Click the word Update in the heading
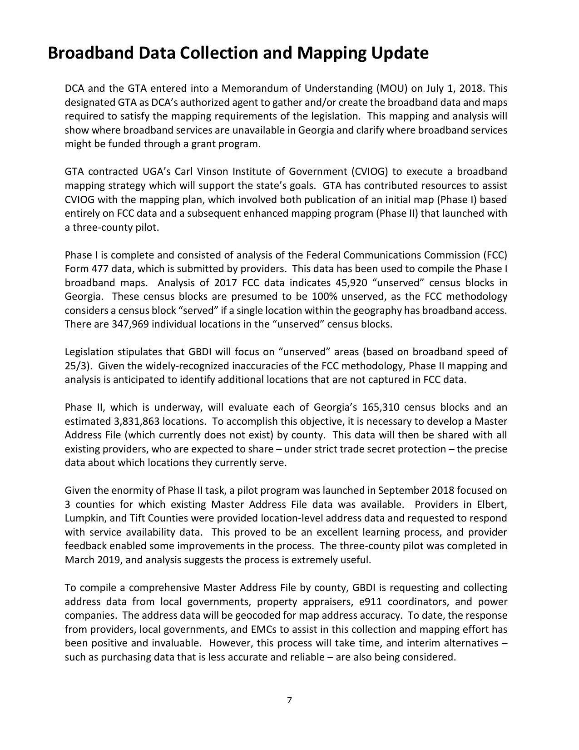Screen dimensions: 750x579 (400, 53)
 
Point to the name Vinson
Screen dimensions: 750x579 (213, 172)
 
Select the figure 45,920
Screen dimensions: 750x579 (350, 283)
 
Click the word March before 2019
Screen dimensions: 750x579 (79, 560)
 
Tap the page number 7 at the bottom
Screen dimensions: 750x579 (289, 700)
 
